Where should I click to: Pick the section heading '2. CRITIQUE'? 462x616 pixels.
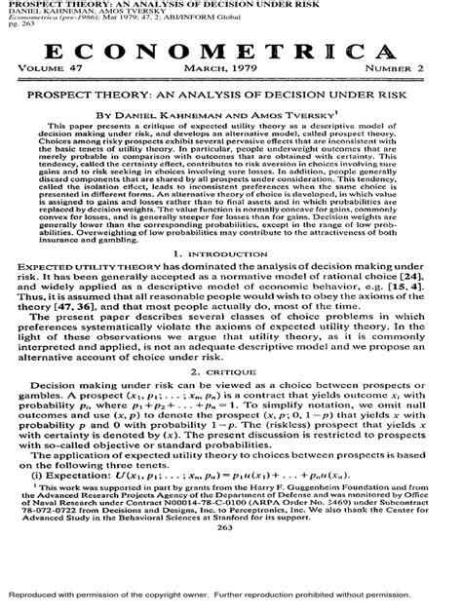[231, 400]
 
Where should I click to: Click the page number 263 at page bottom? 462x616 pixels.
[231, 555]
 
